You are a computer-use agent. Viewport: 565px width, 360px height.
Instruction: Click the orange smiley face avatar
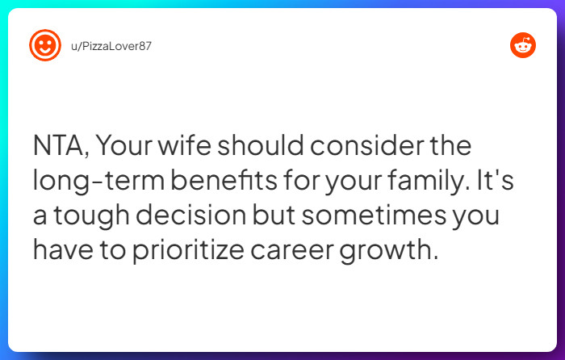tap(45, 45)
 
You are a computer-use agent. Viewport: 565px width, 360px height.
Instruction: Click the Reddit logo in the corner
tap(522, 45)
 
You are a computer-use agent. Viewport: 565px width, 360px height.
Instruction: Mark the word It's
tap(494, 182)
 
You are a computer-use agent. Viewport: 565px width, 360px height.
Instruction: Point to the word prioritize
tap(200, 249)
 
